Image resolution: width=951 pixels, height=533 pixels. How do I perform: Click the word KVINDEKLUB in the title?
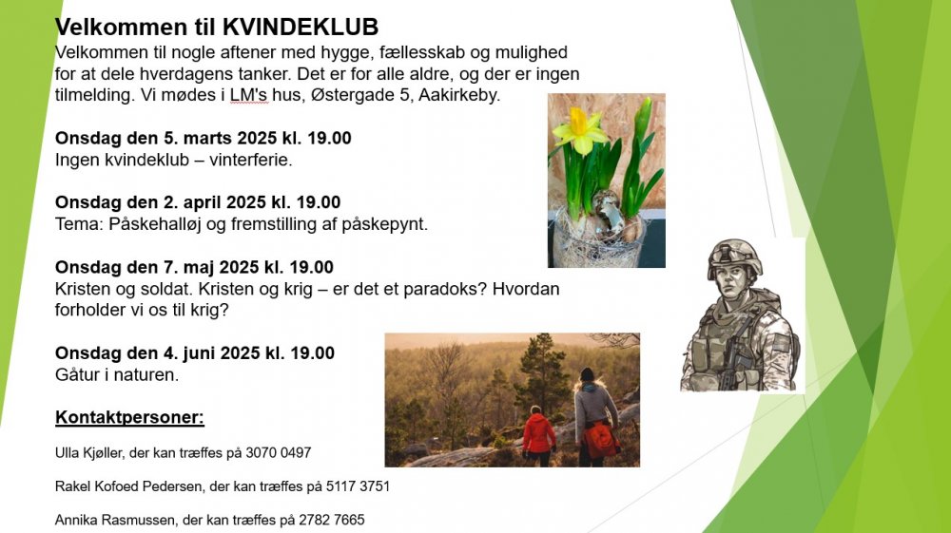(x=301, y=28)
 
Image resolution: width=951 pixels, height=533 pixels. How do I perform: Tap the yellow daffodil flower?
(x=580, y=129)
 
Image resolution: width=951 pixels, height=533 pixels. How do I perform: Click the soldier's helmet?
(x=735, y=255)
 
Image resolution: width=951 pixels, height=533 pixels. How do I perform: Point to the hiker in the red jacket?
(x=538, y=436)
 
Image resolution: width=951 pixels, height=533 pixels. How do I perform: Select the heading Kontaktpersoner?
(x=129, y=417)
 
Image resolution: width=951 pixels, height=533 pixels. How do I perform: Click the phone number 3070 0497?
(x=279, y=453)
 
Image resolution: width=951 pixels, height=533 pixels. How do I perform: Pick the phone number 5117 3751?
(x=358, y=486)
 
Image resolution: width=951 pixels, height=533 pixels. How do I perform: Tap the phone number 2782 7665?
(x=332, y=520)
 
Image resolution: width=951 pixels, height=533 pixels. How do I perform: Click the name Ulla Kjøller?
(x=89, y=453)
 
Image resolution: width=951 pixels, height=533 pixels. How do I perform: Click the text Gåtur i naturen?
(x=117, y=375)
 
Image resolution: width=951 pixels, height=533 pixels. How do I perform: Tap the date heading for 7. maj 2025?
(x=194, y=267)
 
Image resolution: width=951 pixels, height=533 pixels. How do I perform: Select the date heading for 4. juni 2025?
(x=195, y=353)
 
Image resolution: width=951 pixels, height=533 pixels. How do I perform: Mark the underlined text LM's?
(x=248, y=95)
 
